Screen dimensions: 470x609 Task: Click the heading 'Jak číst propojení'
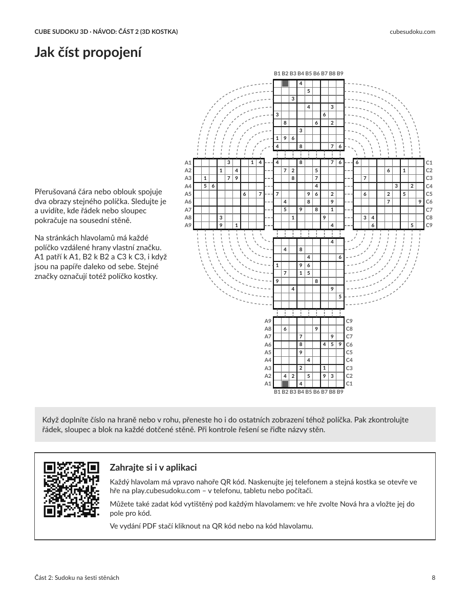pos(88,52)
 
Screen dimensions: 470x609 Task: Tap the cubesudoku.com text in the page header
pos(412,32)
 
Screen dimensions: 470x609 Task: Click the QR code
pos(71,490)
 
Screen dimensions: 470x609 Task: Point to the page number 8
pos(434,578)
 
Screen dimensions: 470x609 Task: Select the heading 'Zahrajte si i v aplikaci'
pos(153,467)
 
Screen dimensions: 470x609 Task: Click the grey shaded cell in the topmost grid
pos(285,84)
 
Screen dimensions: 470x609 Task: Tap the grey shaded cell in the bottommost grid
pos(285,384)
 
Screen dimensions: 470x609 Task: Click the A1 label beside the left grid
pos(188,163)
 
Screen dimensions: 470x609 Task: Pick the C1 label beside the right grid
pos(429,163)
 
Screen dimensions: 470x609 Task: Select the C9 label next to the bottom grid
pos(349,321)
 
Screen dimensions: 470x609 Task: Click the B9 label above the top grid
pos(340,73)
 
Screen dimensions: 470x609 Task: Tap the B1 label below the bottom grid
pos(277,392)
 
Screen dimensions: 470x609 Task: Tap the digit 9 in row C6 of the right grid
pos(420,201)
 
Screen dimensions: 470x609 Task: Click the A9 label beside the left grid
pos(188,225)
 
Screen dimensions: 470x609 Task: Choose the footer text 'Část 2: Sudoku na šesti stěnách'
pos(77,578)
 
